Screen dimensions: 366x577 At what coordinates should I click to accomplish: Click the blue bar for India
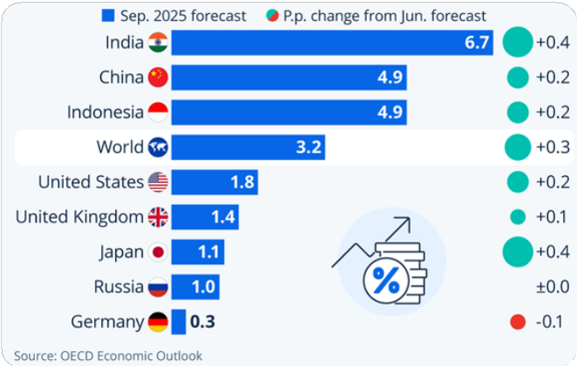[x=332, y=43]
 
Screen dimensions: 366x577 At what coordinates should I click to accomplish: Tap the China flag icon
[x=158, y=78]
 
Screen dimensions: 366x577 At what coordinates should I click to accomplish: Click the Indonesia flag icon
[x=158, y=112]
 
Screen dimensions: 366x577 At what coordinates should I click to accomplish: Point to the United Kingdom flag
[x=158, y=217]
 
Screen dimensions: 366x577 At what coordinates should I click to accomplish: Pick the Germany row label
[x=107, y=322]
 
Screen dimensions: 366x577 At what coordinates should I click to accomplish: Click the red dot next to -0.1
[x=518, y=322]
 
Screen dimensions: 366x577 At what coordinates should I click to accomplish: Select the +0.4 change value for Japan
[x=552, y=252]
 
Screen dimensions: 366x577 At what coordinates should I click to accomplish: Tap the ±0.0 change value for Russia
[x=552, y=287]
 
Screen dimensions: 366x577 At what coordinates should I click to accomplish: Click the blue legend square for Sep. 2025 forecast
[x=108, y=16]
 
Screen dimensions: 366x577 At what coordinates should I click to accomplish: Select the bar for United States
[x=214, y=182]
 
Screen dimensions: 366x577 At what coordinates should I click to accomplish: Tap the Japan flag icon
[x=158, y=252]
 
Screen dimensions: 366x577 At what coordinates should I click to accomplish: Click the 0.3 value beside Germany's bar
[x=202, y=322]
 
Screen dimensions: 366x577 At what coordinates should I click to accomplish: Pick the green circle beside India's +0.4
[x=518, y=42]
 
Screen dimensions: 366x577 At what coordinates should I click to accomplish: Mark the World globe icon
[x=158, y=147]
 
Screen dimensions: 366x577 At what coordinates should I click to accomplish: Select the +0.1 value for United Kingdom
[x=552, y=217]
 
